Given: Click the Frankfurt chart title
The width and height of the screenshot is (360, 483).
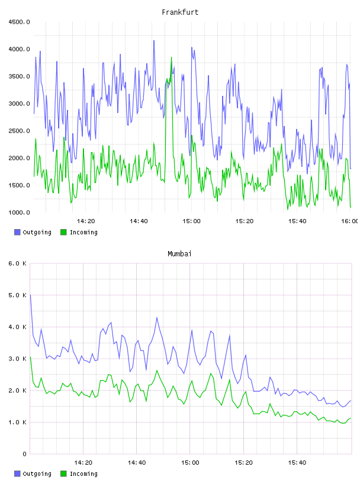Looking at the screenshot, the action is [180, 12].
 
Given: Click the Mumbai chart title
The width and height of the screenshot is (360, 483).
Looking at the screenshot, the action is [179, 254].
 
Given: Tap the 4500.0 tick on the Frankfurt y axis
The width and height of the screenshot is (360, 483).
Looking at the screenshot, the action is [19, 22].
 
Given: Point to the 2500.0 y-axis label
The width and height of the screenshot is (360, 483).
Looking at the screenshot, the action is [19, 131].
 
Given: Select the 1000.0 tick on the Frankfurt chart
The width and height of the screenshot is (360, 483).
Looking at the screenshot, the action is [19, 212].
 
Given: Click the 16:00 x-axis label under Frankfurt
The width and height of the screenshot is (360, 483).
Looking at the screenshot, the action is [350, 221].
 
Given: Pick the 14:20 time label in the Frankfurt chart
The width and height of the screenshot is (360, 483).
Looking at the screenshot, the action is [86, 221].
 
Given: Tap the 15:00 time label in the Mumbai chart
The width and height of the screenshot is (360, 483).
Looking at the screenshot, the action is [190, 463].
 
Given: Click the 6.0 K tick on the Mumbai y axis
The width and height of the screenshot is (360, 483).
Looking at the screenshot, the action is [17, 263].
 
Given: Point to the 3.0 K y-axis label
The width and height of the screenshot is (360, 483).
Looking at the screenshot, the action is [17, 359].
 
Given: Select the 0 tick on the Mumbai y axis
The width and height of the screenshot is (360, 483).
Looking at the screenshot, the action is [24, 454].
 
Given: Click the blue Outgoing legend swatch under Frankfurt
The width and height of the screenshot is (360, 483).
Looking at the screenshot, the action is [17, 232].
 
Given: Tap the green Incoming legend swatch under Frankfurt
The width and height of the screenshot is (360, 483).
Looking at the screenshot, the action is [63, 232].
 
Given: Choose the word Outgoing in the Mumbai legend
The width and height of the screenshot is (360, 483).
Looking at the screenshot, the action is [37, 474].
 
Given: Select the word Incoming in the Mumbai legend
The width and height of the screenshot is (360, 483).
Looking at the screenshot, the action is [83, 474].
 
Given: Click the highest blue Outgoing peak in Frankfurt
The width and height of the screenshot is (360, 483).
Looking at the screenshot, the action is [154, 40].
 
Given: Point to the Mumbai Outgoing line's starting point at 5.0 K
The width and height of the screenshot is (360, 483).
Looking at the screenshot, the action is [30, 295].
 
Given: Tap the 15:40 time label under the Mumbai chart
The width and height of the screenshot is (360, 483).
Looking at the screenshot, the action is [297, 463].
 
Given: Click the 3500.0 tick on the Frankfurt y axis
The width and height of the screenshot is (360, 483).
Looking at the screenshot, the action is [19, 76].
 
